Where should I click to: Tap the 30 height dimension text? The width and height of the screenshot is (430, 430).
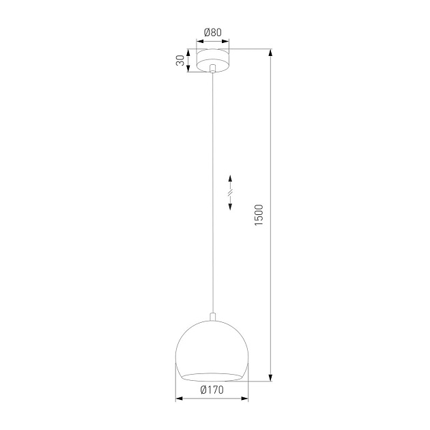[x=180, y=61]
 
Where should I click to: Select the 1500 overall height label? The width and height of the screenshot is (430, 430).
[x=258, y=215]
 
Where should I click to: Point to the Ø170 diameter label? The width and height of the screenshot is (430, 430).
[x=213, y=390]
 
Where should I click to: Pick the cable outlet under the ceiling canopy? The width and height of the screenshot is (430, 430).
[x=213, y=69]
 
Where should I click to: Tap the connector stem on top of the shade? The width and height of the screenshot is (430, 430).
[x=213, y=316]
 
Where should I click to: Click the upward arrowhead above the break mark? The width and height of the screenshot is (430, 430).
[x=230, y=177]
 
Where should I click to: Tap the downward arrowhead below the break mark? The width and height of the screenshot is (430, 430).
[x=230, y=207]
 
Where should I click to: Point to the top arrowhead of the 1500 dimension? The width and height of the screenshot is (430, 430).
[x=272, y=54]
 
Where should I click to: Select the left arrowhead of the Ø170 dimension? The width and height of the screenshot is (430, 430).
[x=180, y=399]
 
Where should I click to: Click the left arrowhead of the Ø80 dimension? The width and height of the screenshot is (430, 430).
[x=200, y=40]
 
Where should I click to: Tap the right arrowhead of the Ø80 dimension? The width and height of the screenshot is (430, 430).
[x=227, y=40]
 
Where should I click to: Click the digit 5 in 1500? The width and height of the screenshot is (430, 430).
[x=258, y=219]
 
